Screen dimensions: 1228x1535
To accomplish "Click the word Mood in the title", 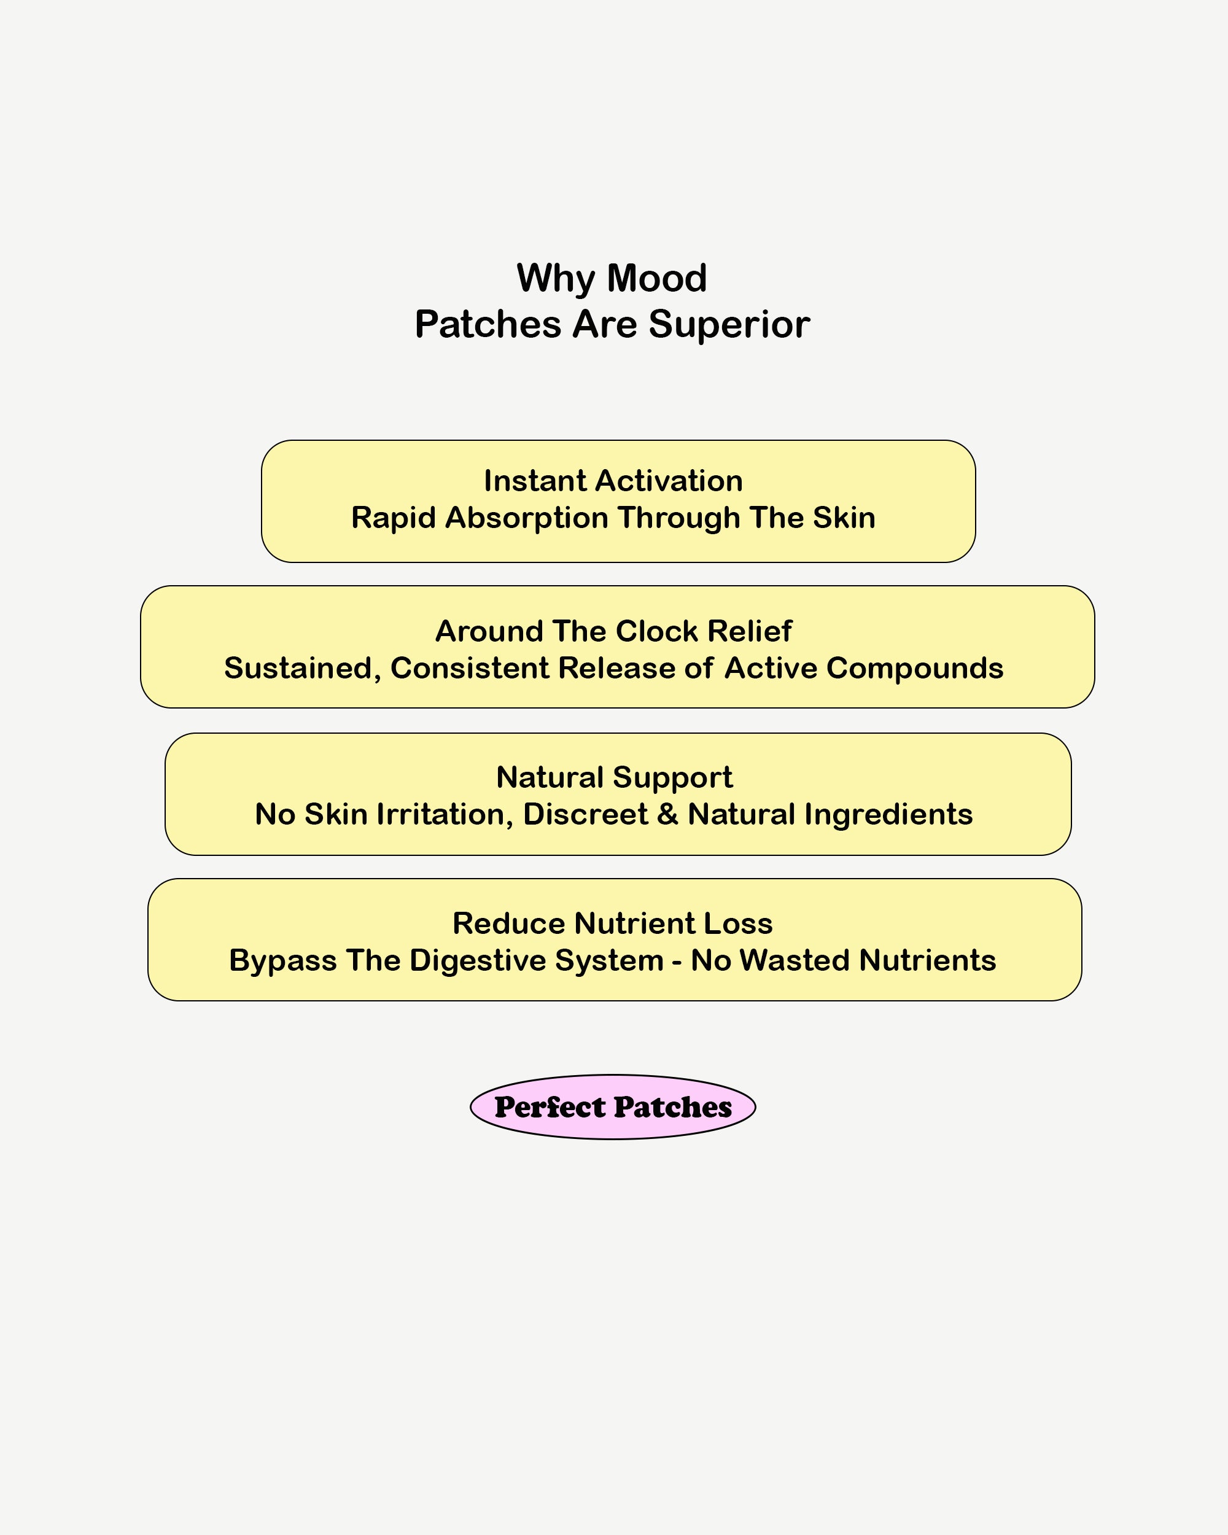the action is pyautogui.click(x=657, y=278).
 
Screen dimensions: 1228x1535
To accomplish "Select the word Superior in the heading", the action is pyautogui.click(x=729, y=325).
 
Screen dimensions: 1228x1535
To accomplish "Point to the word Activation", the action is pyautogui.click(x=660, y=481).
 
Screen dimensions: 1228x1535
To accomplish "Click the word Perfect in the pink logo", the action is pyautogui.click(x=550, y=1107).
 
